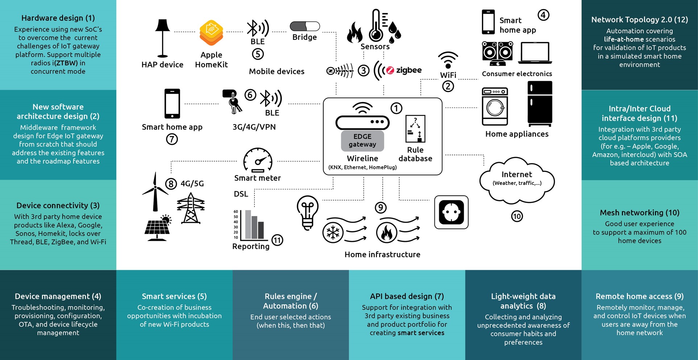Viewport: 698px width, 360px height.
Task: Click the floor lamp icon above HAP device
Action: tap(162, 38)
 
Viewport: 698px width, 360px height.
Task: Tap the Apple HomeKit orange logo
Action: tap(211, 33)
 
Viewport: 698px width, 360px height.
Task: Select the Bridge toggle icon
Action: tap(305, 26)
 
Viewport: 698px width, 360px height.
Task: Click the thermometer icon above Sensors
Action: tap(376, 25)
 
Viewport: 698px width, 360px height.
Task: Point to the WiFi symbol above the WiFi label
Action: tap(448, 60)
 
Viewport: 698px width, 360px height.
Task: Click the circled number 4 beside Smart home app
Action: tap(543, 15)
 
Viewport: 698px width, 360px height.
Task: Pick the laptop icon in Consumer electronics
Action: tap(535, 53)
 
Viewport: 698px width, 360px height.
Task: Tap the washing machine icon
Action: tap(495, 107)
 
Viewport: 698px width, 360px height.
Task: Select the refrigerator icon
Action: tap(540, 104)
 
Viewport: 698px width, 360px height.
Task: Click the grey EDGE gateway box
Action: tap(362, 141)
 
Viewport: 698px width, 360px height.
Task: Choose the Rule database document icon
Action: tap(415, 129)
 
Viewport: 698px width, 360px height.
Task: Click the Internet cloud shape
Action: tap(517, 181)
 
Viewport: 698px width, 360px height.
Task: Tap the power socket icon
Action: tap(451, 212)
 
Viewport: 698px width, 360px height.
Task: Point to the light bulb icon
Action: tap(307, 212)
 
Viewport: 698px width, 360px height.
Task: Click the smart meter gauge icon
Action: tap(258, 160)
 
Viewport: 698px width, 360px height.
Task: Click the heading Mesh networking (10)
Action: tap(639, 213)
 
